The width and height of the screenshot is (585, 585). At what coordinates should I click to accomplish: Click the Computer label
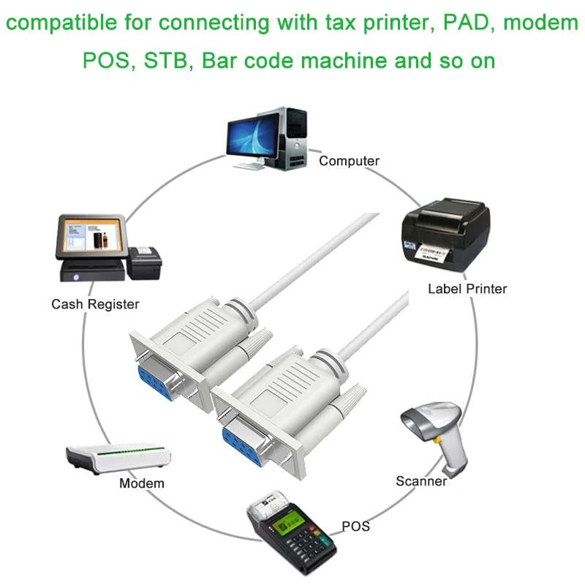coord(349,161)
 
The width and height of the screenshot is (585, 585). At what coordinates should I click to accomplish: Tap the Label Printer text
coord(467,289)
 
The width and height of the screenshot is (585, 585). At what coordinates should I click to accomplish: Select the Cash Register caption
coord(95,304)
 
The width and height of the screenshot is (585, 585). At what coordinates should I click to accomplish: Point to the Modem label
coord(142,483)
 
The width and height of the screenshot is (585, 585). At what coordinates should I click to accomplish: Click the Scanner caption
coord(421,481)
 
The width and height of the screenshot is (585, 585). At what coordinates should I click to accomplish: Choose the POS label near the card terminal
coord(356,526)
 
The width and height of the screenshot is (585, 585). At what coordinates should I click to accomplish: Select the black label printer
coord(446,235)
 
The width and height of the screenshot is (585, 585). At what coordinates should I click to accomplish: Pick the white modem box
coord(118,458)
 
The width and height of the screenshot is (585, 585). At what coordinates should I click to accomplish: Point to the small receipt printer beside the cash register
coord(144,263)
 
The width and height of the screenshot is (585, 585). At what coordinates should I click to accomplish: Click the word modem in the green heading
coord(540,23)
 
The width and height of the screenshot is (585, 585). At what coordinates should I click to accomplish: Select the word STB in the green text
coord(165,61)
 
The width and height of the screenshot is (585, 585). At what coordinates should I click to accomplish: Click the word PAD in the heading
coord(469,23)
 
